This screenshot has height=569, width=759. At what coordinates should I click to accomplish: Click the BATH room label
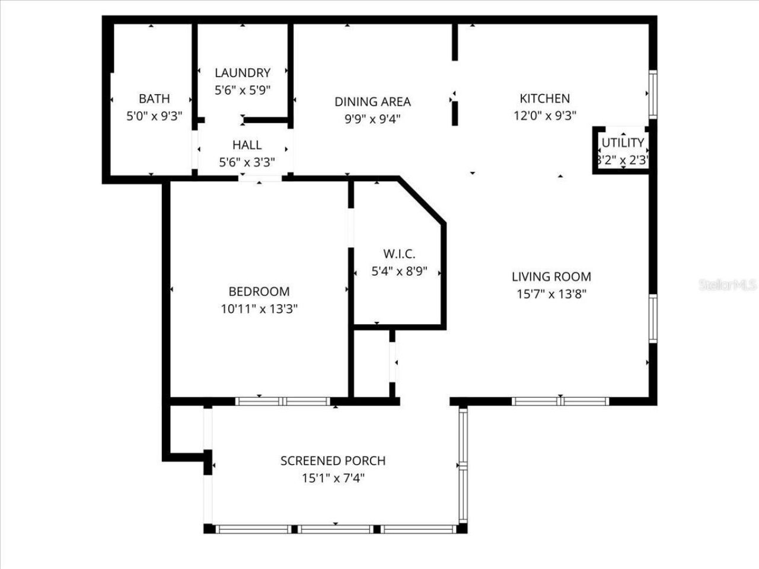tap(154, 98)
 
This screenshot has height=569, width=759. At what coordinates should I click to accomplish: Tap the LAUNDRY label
tap(243, 73)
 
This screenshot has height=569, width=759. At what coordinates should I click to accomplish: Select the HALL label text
tap(247, 145)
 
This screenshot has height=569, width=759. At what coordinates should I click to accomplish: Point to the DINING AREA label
tap(372, 102)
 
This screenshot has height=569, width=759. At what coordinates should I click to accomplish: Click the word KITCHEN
tap(544, 98)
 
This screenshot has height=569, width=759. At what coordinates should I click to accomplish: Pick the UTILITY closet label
tap(623, 143)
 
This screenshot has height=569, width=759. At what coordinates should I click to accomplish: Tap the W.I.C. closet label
tap(399, 254)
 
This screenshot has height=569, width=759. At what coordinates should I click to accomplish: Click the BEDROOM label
tap(259, 292)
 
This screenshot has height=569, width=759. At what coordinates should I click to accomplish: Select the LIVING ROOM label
tap(551, 276)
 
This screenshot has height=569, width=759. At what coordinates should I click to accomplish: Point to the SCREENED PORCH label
tap(333, 461)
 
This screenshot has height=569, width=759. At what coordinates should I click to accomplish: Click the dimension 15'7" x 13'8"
tap(551, 293)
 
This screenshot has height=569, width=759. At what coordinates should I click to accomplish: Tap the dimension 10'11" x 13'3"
tap(259, 309)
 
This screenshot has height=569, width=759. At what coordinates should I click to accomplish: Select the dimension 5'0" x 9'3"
tap(154, 116)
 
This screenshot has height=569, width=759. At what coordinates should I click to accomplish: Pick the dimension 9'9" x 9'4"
tap(372, 119)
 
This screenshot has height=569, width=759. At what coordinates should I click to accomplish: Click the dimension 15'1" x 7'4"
tap(333, 478)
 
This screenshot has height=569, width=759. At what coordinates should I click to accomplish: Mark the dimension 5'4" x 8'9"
tap(399, 272)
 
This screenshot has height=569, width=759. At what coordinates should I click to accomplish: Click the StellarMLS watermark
tap(728, 285)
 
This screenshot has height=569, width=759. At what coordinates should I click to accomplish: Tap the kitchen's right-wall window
tap(652, 94)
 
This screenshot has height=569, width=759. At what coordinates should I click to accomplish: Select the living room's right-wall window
tap(652, 318)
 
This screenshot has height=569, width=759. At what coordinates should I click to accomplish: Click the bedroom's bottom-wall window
tap(282, 401)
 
